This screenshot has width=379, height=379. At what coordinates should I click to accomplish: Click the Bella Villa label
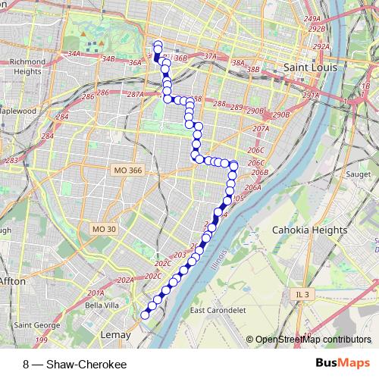(103, 305)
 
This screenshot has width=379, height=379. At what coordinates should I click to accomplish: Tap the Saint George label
(32, 326)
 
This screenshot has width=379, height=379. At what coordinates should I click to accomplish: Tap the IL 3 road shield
(302, 292)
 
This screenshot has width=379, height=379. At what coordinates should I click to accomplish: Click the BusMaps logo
(343, 364)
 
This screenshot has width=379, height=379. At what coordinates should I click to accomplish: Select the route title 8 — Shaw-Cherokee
(74, 365)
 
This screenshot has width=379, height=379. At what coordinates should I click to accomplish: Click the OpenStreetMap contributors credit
(312, 340)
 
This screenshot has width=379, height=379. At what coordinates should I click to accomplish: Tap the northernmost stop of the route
(158, 44)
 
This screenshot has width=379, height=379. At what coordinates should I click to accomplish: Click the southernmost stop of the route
(145, 314)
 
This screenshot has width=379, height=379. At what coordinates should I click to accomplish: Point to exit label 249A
(311, 17)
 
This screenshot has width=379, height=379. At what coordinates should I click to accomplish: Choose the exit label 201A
(96, 293)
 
